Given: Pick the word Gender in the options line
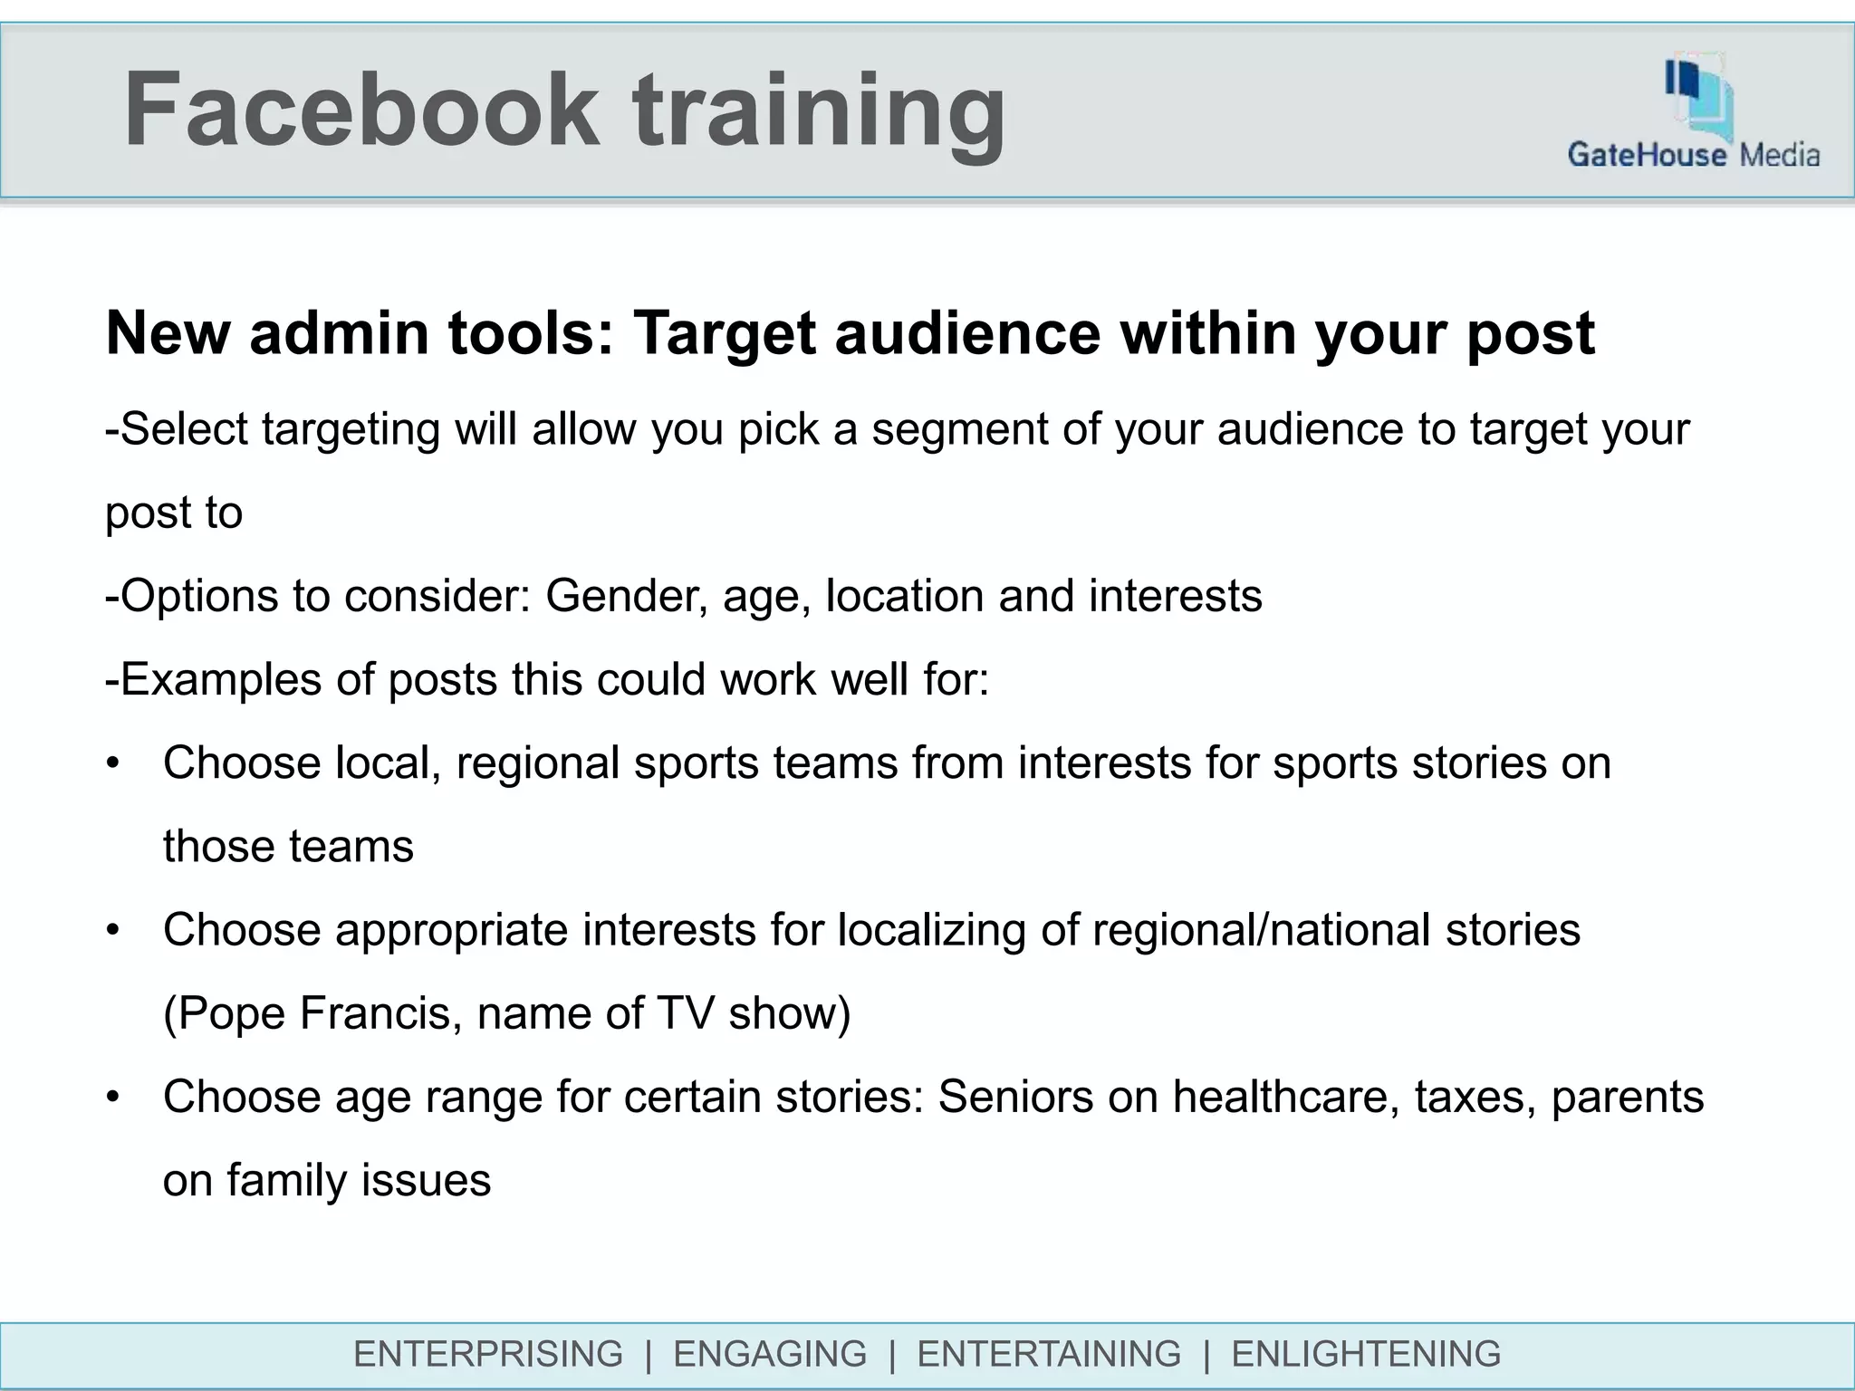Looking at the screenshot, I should pyautogui.click(x=626, y=596).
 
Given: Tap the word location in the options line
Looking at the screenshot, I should pyautogui.click(x=904, y=596).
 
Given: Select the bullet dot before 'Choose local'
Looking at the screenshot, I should pyautogui.click(x=112, y=763).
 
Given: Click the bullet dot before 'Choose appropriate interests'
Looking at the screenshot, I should pyautogui.click(x=112, y=930).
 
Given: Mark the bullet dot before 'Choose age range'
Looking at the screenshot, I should pyautogui.click(x=112, y=1098).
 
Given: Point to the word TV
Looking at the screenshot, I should pyautogui.click(x=687, y=1013).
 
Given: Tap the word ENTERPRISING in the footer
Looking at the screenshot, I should pyautogui.click(x=488, y=1354).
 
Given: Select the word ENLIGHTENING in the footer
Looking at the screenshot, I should pyautogui.click(x=1366, y=1354).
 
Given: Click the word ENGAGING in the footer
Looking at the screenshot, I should pyautogui.click(x=770, y=1354).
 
